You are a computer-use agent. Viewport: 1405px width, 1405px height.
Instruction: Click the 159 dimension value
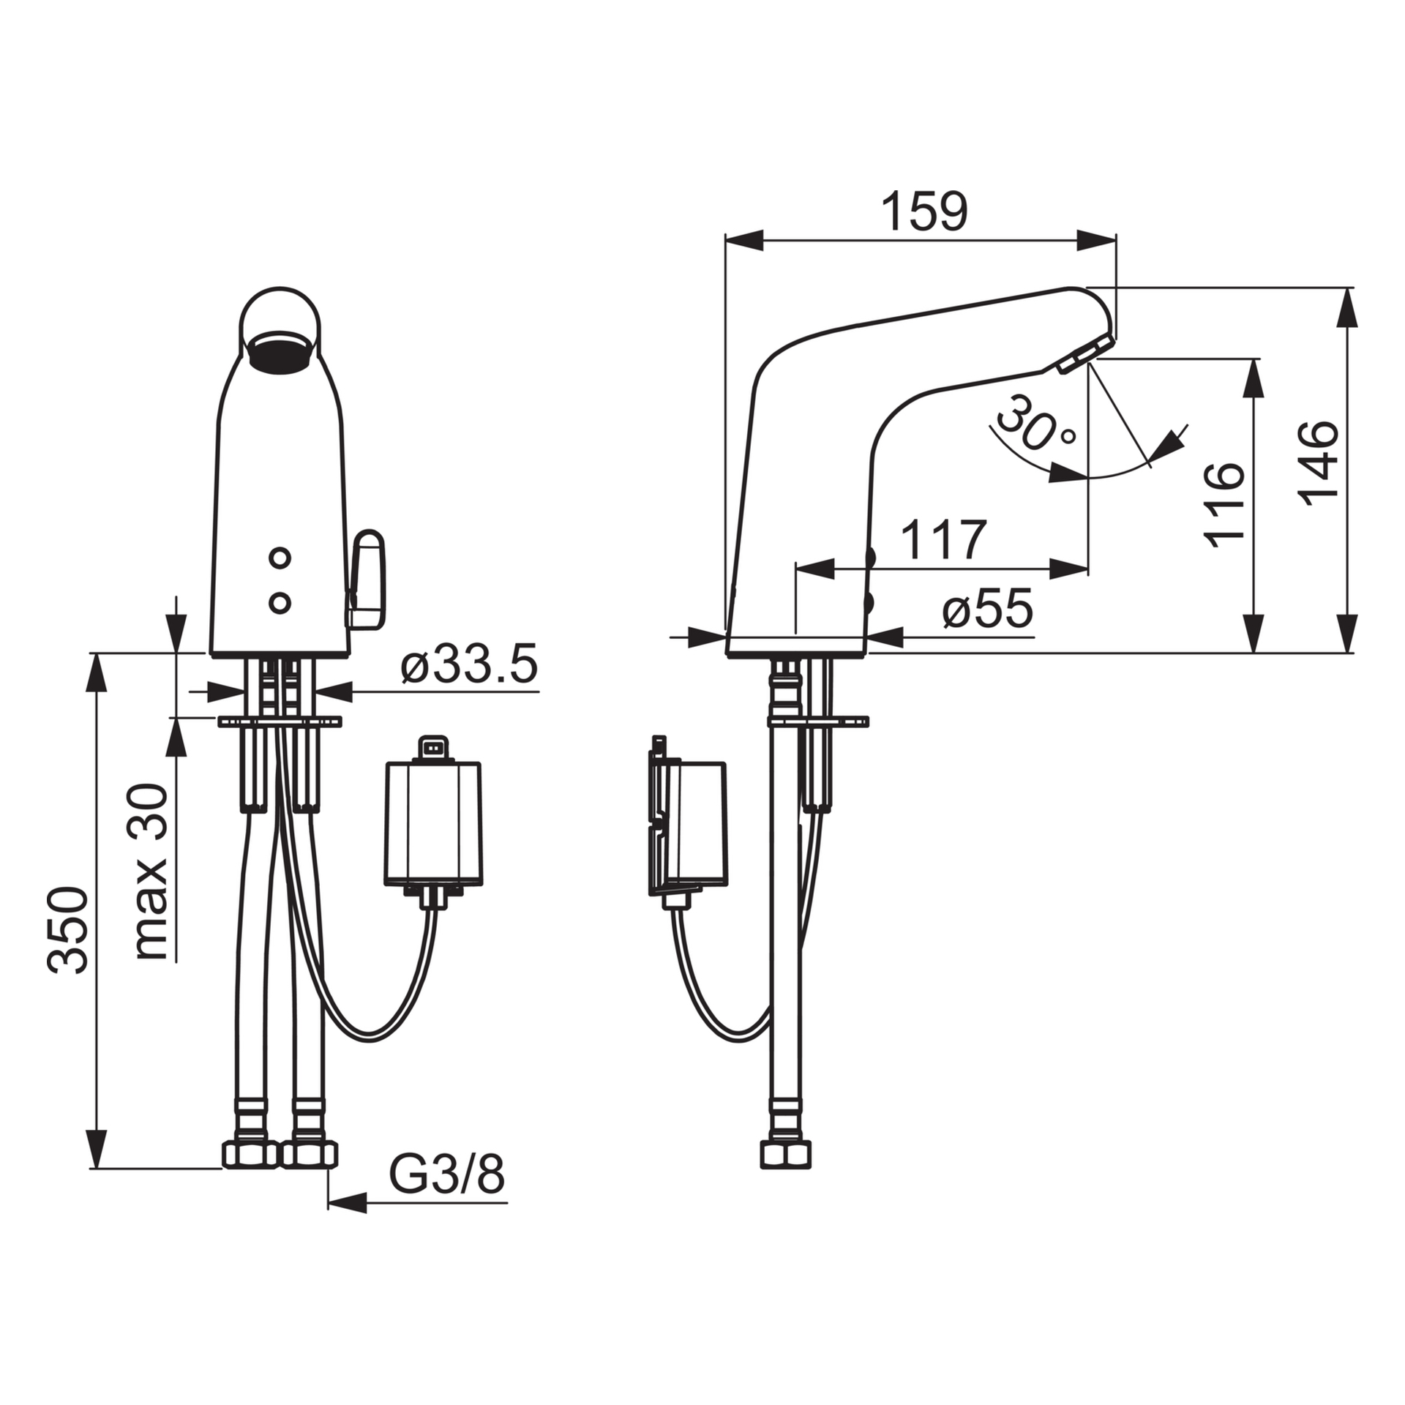[923, 212]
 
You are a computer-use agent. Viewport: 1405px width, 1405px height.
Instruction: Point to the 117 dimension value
[943, 539]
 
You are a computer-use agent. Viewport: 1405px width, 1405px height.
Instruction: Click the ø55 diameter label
[988, 608]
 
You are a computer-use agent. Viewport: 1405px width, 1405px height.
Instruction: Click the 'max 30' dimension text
[151, 872]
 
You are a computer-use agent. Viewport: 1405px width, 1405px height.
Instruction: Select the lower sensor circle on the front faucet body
[280, 603]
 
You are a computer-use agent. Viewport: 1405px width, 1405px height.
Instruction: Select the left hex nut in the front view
[250, 1154]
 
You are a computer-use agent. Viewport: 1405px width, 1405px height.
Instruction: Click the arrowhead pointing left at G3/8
[348, 1203]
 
